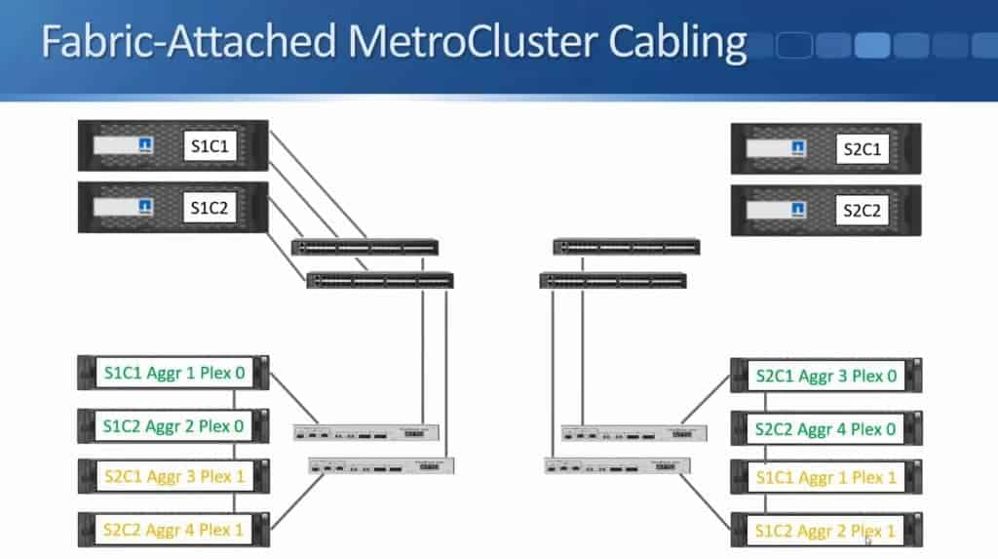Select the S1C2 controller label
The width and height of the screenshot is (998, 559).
[x=211, y=207]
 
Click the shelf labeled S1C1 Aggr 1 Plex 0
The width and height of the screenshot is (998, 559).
[x=173, y=372]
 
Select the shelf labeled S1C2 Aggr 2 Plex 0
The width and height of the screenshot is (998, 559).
[x=173, y=424]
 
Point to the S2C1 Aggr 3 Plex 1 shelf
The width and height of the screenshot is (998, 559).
[x=173, y=476]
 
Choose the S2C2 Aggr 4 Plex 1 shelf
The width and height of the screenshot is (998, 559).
[x=173, y=529]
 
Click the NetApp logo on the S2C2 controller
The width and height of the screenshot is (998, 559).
[x=797, y=210]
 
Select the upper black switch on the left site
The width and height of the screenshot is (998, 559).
[x=365, y=247]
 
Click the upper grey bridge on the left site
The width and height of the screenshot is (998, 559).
[x=367, y=432]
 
